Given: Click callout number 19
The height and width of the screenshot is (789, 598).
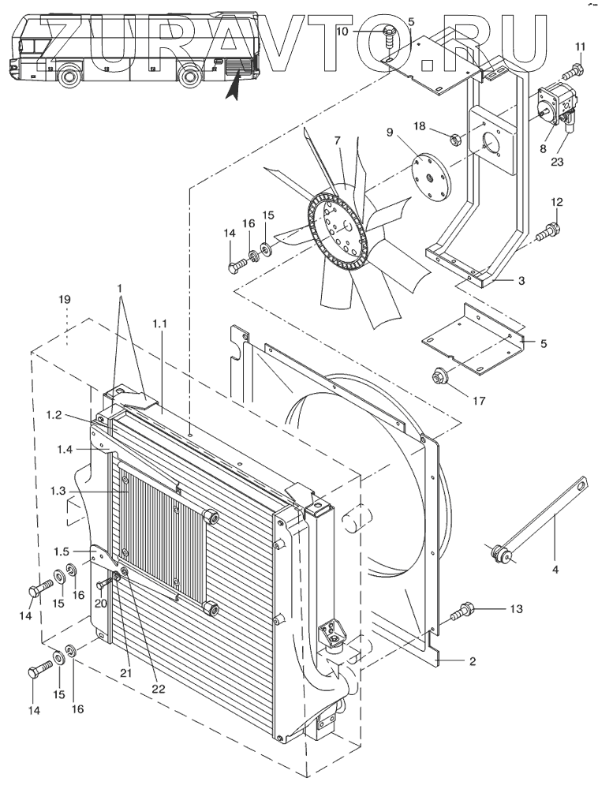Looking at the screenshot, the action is point(64,300).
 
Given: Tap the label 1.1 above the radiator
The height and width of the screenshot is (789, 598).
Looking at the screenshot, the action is point(159,325).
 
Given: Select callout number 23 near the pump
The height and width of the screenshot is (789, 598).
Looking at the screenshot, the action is point(557,162).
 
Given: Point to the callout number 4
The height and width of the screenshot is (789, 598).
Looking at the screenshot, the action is point(555,570).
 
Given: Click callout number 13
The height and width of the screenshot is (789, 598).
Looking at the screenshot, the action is point(516,609).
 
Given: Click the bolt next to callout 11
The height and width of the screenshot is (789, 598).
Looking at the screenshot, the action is point(571,73).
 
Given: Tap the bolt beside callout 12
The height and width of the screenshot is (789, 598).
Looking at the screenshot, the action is point(548,231).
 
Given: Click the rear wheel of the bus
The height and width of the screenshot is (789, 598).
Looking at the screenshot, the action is point(190,76).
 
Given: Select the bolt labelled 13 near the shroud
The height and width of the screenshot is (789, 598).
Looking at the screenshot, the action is point(464,613).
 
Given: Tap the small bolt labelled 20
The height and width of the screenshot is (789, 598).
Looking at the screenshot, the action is point(106,581).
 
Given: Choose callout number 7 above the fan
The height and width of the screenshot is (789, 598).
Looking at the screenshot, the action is point(337,140).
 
